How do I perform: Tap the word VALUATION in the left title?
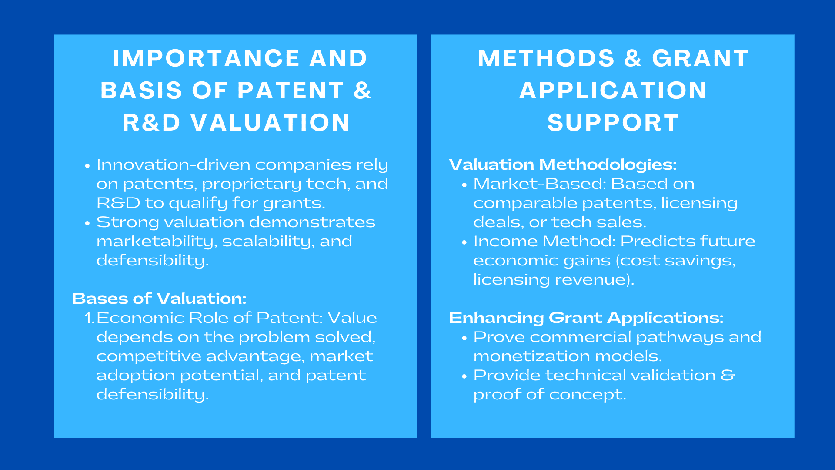271,122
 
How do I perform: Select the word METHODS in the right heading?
546,58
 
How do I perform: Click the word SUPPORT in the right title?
613,122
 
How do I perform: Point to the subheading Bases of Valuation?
159,299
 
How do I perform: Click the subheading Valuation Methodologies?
563,164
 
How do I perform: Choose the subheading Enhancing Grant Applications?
586,318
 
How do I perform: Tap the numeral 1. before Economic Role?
89,318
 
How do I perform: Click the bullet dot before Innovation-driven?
87,166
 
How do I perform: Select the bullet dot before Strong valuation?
87,223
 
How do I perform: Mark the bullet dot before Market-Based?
464,185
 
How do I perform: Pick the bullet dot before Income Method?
464,242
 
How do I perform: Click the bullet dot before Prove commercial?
464,338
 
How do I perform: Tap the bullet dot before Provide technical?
464,376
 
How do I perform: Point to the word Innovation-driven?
174,164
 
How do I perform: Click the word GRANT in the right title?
700,58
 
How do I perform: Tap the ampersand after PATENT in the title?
362,91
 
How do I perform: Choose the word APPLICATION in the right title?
613,91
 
